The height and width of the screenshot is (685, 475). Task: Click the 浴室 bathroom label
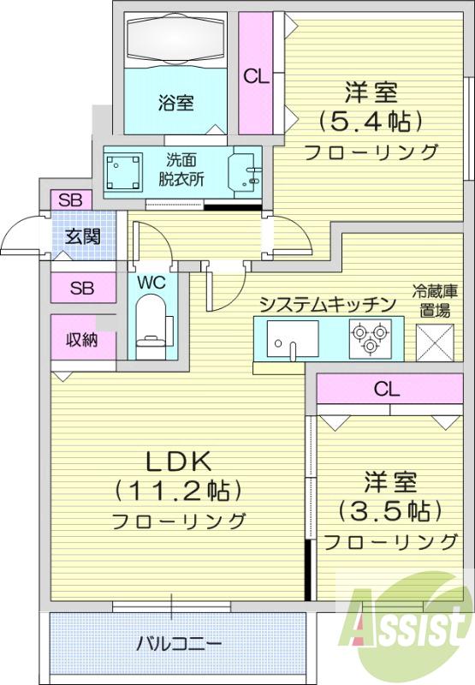[176, 103]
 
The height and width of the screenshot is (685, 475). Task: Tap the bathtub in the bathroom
[176, 39]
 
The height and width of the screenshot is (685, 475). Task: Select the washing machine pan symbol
[124, 171]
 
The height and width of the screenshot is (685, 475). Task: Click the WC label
[151, 283]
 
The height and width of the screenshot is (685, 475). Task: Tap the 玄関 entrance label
[82, 236]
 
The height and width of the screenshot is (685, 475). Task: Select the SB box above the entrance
[71, 200]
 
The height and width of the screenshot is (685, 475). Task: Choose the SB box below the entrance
[83, 288]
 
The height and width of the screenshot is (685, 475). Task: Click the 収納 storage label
[81, 339]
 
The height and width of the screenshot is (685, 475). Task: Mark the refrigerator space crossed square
[435, 342]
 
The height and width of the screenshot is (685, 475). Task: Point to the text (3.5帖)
[389, 509]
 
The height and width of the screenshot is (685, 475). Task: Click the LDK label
[178, 462]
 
